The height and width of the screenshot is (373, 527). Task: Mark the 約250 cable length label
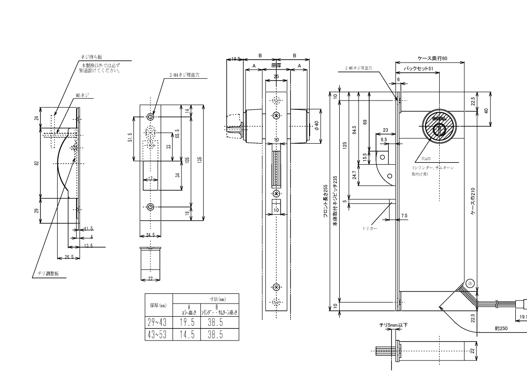click(501, 328)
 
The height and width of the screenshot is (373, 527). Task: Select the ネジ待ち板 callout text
click(91, 57)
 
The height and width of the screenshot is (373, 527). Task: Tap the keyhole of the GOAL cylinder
click(440, 129)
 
